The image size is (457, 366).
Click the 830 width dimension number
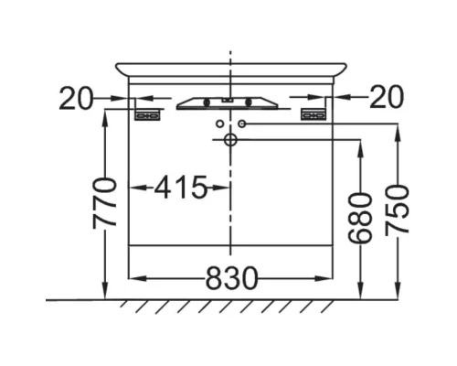[x=231, y=278]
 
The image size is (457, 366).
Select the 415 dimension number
[x=181, y=187]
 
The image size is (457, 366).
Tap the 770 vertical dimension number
[x=104, y=203]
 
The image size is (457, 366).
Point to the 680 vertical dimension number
[x=360, y=219]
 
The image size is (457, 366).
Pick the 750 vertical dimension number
[x=397, y=210]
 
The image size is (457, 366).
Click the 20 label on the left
[x=76, y=98]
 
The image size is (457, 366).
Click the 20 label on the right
[x=387, y=97]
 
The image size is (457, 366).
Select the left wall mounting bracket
[x=147, y=115]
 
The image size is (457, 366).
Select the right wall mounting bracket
[x=314, y=115]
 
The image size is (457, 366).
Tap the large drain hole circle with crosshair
[x=230, y=140]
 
